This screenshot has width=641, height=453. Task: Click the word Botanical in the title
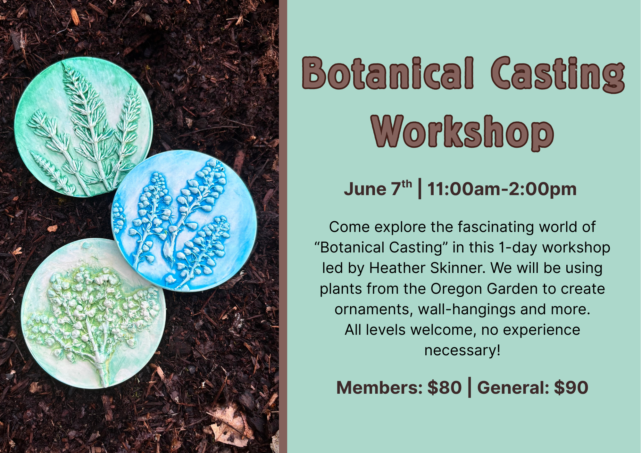[x=388, y=73]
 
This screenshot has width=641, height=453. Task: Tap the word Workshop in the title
[x=462, y=132]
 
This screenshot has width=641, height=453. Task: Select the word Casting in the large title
[x=558, y=75]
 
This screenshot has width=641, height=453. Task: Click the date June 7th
[x=378, y=189]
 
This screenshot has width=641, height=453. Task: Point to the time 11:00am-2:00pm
[x=502, y=189]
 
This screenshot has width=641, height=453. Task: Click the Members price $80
[x=445, y=388]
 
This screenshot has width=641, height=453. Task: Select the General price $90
[x=571, y=388]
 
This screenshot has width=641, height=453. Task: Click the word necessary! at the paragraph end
[x=462, y=350]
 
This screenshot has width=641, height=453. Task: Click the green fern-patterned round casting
[x=83, y=127]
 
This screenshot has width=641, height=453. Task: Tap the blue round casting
[x=184, y=221]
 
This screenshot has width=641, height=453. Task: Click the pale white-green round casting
[x=93, y=313]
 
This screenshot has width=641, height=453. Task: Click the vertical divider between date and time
[x=420, y=189]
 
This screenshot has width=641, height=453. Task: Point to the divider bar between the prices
[x=470, y=387]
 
